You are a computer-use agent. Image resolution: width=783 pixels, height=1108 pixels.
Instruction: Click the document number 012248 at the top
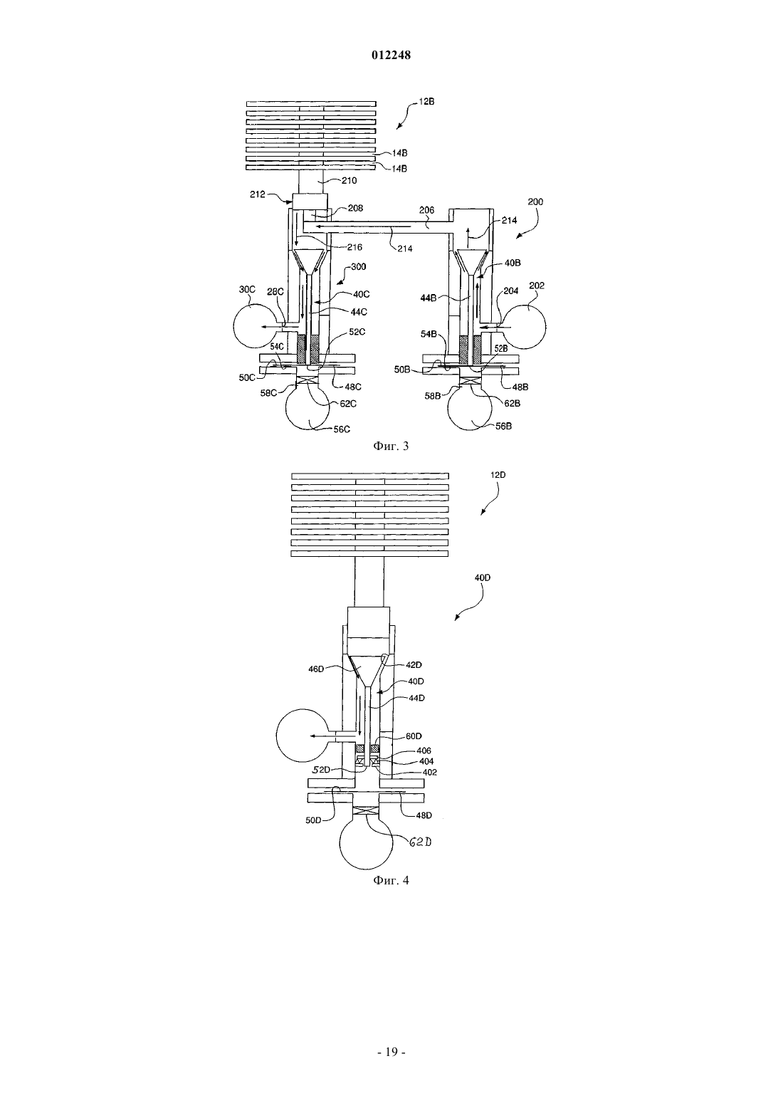tap(391, 56)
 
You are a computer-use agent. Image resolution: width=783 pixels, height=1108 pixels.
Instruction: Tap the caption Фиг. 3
tap(391, 446)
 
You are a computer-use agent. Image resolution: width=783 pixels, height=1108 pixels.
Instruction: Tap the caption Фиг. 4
tap(391, 880)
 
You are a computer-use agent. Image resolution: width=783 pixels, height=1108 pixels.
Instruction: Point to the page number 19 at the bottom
tap(391, 1052)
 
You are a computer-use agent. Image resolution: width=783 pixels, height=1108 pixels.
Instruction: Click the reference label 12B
tap(426, 101)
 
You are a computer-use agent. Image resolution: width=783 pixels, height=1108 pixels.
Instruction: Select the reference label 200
tap(535, 202)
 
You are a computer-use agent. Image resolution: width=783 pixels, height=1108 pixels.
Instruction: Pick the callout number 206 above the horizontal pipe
tap(426, 210)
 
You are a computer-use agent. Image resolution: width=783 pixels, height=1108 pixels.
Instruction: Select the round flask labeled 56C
tap(308, 409)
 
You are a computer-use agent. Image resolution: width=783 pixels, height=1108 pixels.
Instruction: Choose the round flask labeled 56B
tap(470, 409)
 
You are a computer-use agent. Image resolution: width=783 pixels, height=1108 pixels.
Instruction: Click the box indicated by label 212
tap(310, 202)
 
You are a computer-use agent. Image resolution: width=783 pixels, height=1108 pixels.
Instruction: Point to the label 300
tap(358, 267)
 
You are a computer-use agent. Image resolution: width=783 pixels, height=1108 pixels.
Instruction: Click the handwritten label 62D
tap(420, 842)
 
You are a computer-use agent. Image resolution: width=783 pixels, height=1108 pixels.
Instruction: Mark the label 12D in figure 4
tap(498, 475)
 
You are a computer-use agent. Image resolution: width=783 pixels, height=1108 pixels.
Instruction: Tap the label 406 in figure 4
tap(424, 751)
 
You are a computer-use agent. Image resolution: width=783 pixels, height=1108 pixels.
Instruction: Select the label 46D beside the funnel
tap(316, 669)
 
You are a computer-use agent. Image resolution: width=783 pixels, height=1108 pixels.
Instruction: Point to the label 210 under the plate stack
tap(349, 181)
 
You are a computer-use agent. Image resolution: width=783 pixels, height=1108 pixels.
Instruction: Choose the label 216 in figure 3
tap(354, 247)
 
